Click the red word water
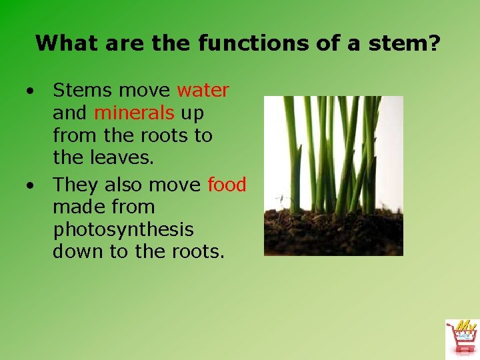coord(203,90)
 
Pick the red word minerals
coord(133,113)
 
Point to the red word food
coord(227,184)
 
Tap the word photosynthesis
coord(123,230)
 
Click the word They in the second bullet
coord(75,184)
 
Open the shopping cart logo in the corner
coord(461,337)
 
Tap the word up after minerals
coord(192,113)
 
